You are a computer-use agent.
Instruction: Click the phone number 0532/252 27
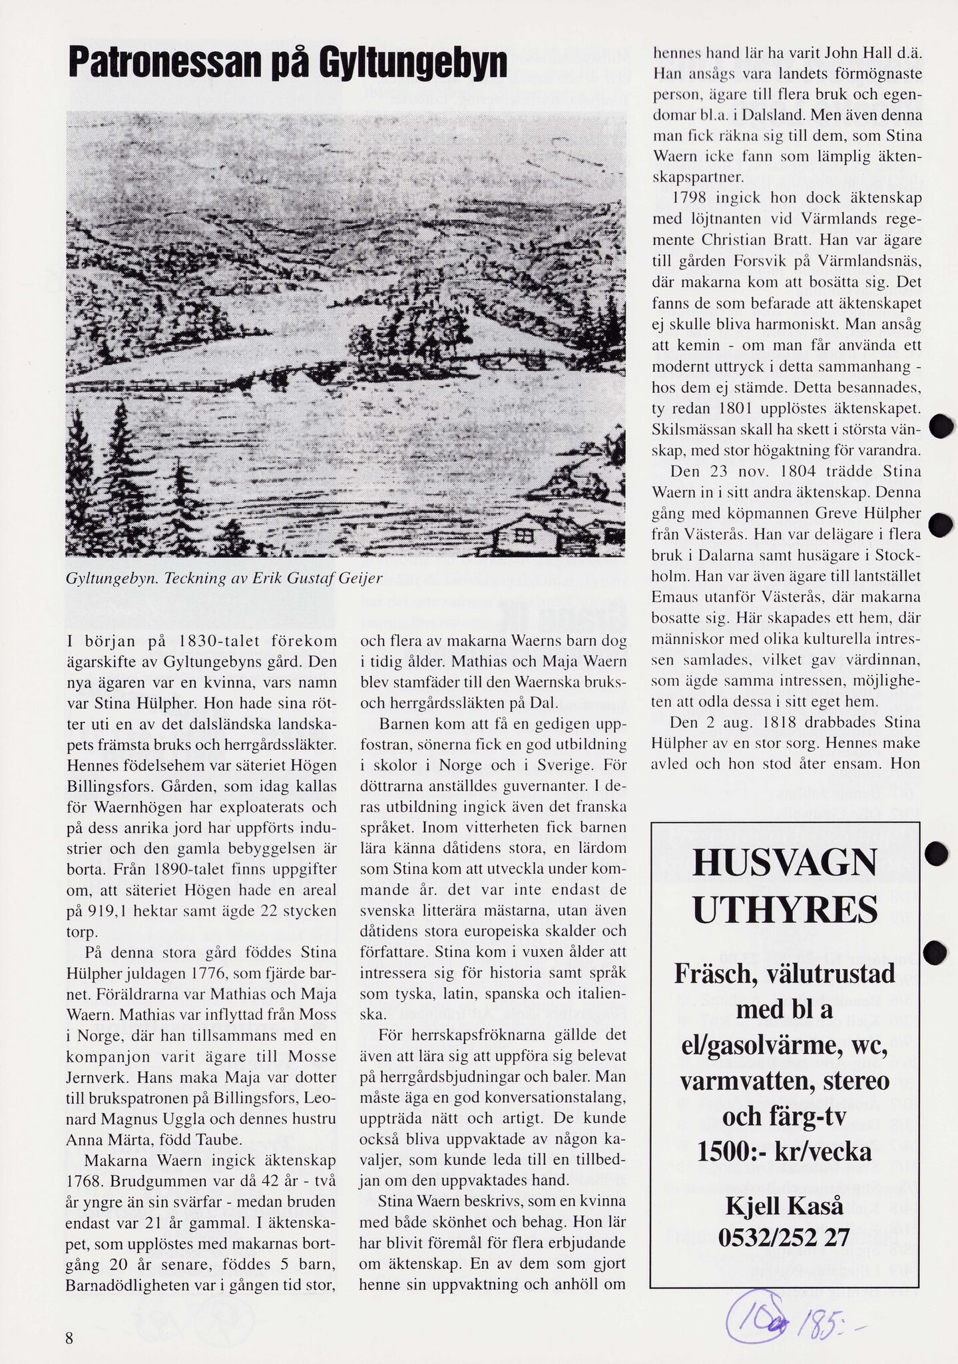784,1237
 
